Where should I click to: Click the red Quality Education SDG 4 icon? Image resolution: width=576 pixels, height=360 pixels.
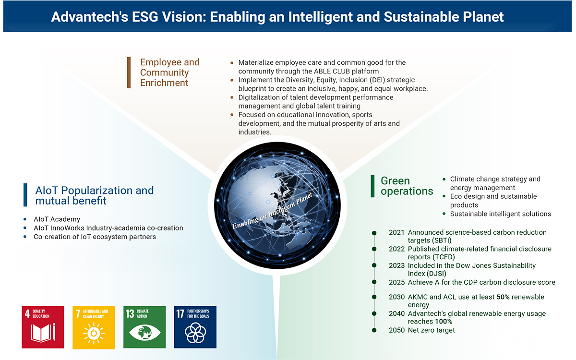(43, 327)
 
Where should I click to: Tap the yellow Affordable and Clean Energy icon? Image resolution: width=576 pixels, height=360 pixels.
(94, 327)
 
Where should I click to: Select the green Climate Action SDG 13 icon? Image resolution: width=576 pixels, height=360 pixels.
(144, 327)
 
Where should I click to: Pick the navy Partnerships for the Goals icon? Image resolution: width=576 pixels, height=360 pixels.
(195, 327)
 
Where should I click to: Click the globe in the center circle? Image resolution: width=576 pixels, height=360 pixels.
(277, 205)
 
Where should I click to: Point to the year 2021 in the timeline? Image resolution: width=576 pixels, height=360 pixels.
(396, 232)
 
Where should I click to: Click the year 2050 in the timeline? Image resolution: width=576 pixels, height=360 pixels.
(396, 330)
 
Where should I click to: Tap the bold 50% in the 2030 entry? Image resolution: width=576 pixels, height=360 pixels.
(503, 297)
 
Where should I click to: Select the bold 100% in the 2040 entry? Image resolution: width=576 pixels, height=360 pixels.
(444, 322)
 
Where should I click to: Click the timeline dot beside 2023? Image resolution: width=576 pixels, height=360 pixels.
(374, 265)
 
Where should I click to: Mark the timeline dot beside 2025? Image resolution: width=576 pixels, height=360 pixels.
(374, 282)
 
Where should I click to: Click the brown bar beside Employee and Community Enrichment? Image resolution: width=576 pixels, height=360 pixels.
(129, 72)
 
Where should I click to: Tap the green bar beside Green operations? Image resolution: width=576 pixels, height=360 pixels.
(372, 186)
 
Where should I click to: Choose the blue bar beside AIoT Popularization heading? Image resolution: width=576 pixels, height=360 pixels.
(25, 195)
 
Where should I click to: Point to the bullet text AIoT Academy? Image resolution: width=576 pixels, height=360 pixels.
(57, 219)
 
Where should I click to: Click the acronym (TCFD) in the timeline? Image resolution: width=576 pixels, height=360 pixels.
(444, 257)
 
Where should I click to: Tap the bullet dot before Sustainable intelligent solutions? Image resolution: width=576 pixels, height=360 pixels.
(444, 214)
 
